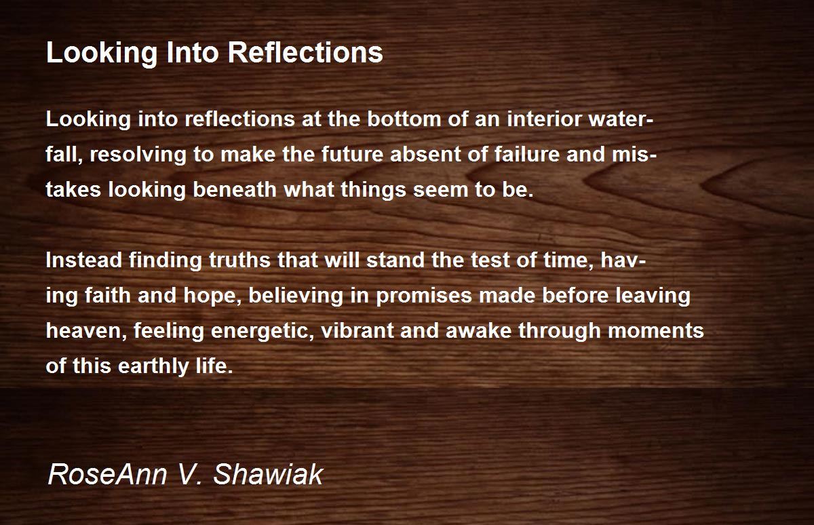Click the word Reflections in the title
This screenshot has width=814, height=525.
pos(305,52)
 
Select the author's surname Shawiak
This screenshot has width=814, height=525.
pos(268,473)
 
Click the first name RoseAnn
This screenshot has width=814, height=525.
pos(107,473)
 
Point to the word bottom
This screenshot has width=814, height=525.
pos(404,119)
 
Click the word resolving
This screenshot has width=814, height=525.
pos(138,155)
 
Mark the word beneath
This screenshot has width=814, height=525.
pos(235,189)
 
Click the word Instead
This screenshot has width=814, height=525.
pos(83,260)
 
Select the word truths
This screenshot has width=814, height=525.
pos(239,260)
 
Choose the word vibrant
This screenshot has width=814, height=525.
pos(357,330)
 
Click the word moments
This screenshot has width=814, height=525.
pos(655,331)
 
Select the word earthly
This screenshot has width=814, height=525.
pos(153,366)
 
